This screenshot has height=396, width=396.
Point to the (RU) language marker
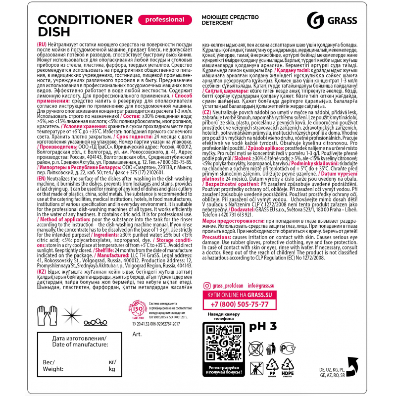(42, 45)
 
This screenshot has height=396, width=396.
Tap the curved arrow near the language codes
(352, 367)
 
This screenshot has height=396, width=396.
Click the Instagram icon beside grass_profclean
(207, 286)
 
